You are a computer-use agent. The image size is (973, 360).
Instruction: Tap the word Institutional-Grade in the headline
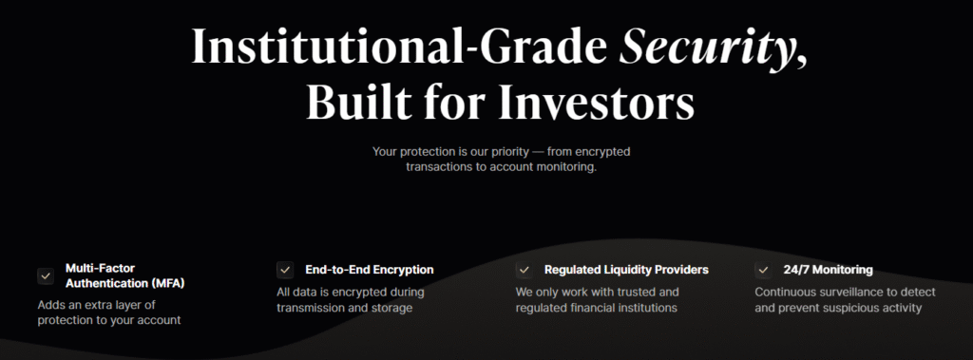tap(399, 46)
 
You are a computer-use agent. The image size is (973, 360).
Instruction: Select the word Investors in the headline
tap(597, 102)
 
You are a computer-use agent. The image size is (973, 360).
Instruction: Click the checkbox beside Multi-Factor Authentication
tap(46, 276)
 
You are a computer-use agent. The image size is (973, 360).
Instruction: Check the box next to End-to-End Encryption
tap(285, 270)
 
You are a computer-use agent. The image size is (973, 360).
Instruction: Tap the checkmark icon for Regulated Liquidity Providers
tap(525, 270)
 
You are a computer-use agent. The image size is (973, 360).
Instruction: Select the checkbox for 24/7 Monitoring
tap(763, 270)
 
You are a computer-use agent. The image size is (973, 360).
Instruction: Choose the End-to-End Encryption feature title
tap(370, 270)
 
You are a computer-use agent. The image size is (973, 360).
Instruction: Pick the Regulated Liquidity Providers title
tap(626, 270)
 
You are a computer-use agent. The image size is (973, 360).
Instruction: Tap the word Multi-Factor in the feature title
tap(100, 268)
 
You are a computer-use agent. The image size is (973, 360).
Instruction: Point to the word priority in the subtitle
tap(503, 151)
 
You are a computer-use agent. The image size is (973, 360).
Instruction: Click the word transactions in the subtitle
tap(439, 167)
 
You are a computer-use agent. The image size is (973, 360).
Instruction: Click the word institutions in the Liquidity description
tap(645, 307)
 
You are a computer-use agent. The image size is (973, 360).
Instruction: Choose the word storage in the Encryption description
tap(392, 308)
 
